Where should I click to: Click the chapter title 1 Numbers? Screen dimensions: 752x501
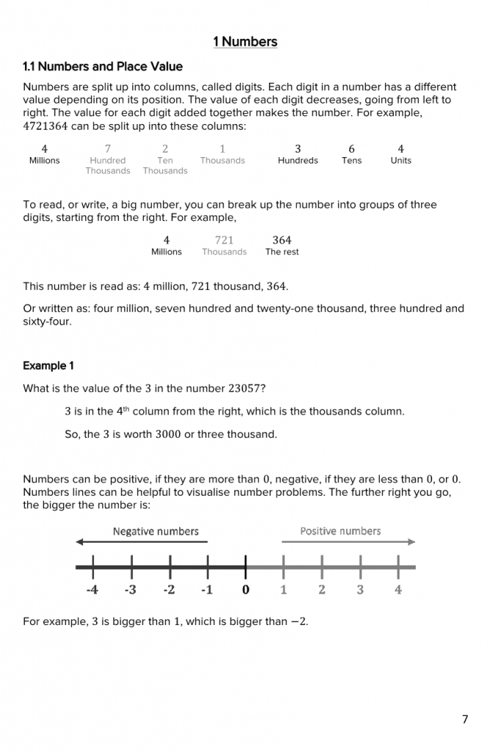[x=245, y=42]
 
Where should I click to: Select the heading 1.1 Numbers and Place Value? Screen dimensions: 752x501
[x=103, y=67]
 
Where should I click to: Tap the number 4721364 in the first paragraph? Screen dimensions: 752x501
[x=46, y=126]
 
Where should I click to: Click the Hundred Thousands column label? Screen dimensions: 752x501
[x=107, y=165]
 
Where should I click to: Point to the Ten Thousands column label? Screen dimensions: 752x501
[x=165, y=165]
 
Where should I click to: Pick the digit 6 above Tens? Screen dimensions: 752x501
[x=351, y=149]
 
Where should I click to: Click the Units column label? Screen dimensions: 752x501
[x=400, y=161]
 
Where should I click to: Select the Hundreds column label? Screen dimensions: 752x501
[x=298, y=161]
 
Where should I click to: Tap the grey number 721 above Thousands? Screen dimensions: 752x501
[x=224, y=240]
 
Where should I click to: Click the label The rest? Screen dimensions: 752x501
[x=282, y=252]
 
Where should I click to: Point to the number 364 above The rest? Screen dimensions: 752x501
[x=282, y=240]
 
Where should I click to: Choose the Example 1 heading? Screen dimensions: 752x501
[x=48, y=366]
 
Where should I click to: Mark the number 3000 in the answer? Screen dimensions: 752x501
[x=168, y=435]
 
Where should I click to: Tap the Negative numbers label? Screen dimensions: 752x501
[x=156, y=531]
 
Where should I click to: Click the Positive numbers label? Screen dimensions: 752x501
[x=340, y=531]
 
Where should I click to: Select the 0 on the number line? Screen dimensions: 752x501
[x=245, y=590]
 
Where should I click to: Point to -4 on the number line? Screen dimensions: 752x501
[x=92, y=590]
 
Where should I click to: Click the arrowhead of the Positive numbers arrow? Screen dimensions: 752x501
[x=412, y=543]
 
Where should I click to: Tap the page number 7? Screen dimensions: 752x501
[x=464, y=720]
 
